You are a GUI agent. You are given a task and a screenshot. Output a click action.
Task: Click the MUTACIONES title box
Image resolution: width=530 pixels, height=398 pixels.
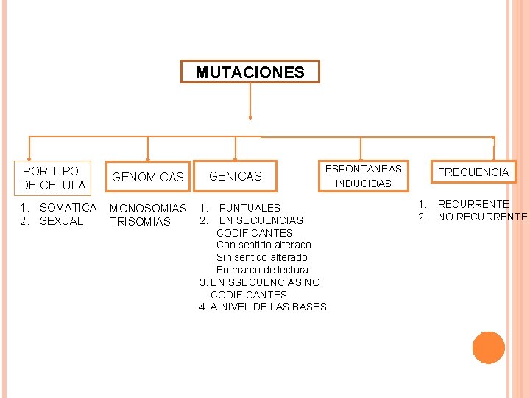250,72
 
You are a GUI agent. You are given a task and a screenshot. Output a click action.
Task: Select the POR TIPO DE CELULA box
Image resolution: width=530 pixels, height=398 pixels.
53,178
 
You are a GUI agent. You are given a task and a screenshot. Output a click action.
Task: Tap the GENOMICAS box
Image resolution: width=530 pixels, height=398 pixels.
148,177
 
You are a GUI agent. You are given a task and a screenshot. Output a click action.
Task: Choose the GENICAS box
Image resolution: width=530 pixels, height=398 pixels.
236,176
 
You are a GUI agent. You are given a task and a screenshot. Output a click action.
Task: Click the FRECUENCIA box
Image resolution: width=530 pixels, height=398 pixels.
473,172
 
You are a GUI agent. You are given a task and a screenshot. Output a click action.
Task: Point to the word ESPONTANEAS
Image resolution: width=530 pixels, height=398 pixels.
364,169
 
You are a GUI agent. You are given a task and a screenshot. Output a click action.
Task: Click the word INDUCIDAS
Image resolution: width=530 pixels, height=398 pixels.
364,184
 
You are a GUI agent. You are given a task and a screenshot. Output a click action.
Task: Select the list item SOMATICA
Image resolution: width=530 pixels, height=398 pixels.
68,208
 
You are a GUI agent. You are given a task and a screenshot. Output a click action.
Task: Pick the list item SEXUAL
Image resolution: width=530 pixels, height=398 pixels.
62,221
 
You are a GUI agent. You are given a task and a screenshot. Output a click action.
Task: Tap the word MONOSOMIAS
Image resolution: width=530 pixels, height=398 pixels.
148,209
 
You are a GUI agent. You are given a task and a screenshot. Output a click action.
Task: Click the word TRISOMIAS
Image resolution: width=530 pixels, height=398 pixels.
140,222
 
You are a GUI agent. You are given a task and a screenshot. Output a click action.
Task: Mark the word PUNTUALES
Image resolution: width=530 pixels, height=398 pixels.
250,208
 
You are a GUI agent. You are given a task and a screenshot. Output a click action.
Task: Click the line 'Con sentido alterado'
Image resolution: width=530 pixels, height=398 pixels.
264,245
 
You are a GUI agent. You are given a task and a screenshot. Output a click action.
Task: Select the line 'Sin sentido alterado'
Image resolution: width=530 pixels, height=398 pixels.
262,257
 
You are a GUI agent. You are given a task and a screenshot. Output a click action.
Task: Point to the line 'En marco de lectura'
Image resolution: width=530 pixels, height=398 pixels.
262,270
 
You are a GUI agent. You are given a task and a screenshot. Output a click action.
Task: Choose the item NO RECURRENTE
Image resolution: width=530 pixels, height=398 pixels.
482,217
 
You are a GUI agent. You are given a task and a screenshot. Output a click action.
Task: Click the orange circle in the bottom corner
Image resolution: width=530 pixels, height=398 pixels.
489,348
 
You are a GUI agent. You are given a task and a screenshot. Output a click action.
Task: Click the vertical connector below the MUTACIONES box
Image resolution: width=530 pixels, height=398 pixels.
250,100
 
